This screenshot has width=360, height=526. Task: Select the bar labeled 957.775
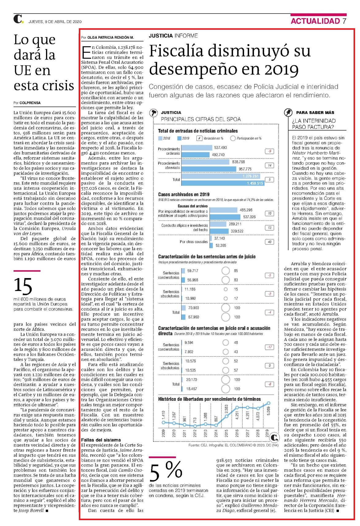point(209,169)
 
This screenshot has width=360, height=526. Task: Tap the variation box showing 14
point(270,165)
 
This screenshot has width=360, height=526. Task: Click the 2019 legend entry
point(183,138)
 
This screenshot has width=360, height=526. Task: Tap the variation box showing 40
point(270,242)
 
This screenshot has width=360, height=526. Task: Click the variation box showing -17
point(270,347)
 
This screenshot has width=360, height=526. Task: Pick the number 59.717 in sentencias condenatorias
point(193,271)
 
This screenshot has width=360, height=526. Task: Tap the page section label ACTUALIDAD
point(315,21)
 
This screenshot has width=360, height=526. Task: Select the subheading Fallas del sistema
point(101,440)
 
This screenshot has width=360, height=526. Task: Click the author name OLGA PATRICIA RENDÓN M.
point(110,37)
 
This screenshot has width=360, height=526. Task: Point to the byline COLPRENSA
point(30,103)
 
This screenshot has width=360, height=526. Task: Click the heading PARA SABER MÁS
point(315,113)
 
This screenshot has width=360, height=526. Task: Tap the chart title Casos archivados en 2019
point(184,195)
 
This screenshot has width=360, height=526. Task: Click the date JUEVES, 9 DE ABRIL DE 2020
point(55,21)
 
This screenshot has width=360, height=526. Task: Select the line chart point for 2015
point(227,416)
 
